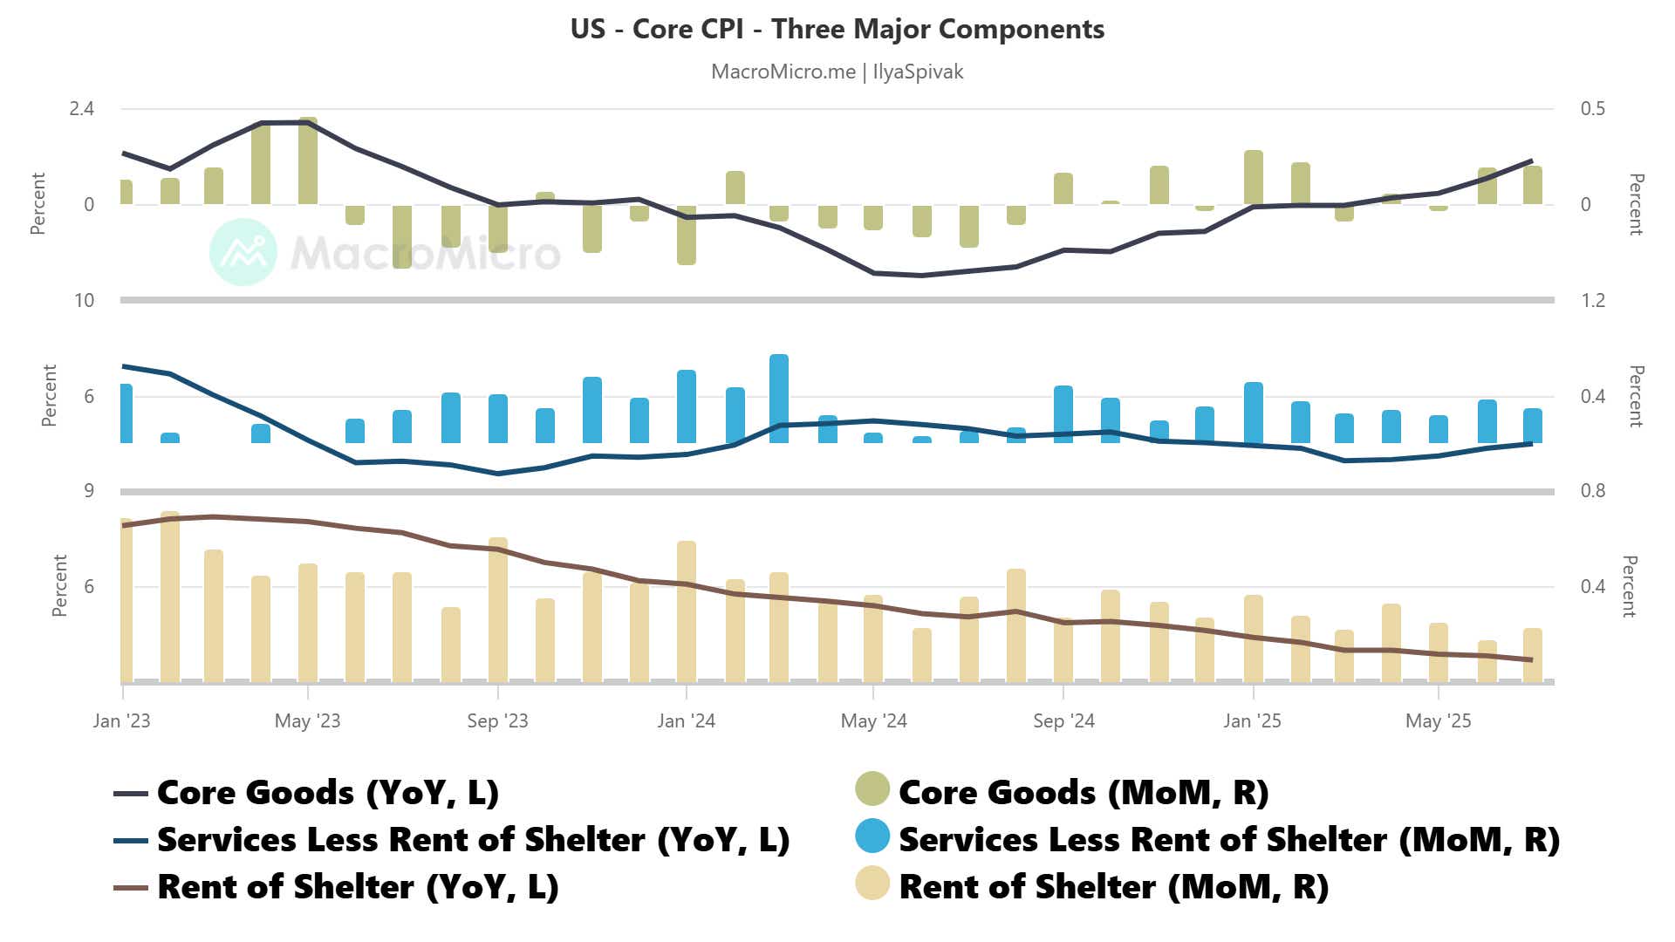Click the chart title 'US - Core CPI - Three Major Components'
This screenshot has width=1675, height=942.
[x=837, y=29]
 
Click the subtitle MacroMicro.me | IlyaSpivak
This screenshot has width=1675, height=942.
[x=837, y=72]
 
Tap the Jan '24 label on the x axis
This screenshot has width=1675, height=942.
[x=686, y=721]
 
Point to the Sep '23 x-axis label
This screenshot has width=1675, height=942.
[x=497, y=721]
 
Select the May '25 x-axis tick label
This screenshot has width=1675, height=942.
[x=1438, y=721]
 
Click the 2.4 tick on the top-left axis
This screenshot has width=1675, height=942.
[x=82, y=109]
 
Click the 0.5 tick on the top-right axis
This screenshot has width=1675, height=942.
[x=1592, y=109]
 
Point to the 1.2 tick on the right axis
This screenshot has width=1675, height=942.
[x=1592, y=301]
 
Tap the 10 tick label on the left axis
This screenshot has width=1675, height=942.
[x=84, y=301]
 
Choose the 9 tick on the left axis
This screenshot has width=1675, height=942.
[x=89, y=491]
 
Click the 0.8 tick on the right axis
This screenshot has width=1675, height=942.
[x=1592, y=491]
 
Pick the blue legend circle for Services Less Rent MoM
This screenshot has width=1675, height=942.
[x=872, y=836]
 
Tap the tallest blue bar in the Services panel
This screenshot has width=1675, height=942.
[x=779, y=399]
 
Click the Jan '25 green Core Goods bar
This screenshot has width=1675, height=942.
[x=1254, y=178]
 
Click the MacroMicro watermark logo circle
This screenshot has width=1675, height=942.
[x=243, y=252]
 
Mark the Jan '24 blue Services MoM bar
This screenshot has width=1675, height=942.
[x=687, y=406]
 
